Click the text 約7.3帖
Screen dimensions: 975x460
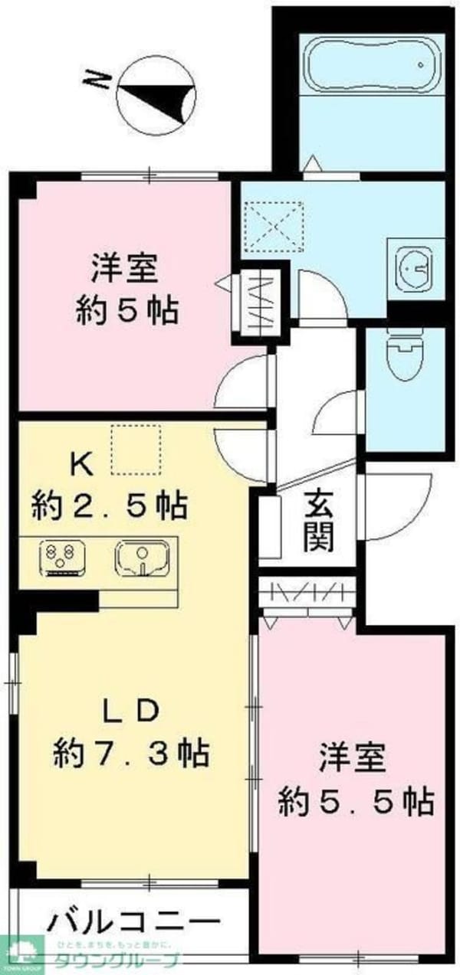point(131,754)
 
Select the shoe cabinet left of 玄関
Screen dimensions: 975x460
point(269,526)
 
